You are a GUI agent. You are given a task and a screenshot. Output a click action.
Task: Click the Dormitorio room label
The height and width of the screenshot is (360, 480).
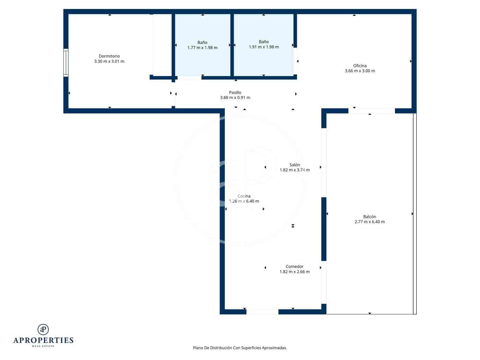109,56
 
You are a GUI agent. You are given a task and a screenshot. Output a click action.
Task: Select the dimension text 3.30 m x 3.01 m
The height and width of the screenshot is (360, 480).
109,61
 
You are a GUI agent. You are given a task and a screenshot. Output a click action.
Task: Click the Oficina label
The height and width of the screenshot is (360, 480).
360,66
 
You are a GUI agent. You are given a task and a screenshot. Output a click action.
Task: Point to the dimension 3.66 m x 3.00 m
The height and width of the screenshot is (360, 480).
360,71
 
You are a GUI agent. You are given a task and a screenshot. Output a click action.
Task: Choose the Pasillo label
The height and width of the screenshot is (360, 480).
235,93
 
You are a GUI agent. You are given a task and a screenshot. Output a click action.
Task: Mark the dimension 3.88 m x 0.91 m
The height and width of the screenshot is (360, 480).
235,98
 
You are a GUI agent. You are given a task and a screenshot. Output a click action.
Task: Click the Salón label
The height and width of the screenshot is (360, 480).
295,165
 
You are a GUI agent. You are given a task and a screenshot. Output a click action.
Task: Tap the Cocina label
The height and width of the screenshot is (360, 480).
244,196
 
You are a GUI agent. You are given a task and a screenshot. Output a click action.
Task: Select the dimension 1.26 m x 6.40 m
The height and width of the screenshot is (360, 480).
244,201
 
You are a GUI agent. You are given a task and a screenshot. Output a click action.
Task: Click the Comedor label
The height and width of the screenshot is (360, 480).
295,266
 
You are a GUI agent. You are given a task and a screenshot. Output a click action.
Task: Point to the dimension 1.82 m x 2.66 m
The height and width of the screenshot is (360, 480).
295,272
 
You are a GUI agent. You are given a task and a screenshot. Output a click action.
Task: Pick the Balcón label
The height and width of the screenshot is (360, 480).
370,217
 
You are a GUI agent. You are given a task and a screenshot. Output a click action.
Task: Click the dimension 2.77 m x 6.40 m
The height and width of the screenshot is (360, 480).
370,222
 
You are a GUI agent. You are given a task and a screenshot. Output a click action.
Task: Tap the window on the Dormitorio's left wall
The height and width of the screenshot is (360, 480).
66,62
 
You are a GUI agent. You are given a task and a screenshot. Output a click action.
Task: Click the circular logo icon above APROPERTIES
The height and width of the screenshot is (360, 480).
43,329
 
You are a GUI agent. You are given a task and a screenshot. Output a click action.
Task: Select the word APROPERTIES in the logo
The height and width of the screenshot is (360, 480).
43,340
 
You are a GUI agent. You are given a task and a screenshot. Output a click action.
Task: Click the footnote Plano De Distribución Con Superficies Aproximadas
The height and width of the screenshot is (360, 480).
240,348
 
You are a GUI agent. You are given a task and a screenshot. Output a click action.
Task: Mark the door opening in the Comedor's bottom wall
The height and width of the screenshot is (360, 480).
262,312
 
